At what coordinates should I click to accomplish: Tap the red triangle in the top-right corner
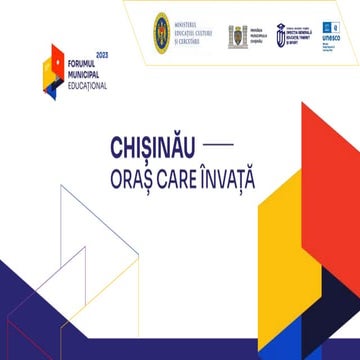tap(337, 75)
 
